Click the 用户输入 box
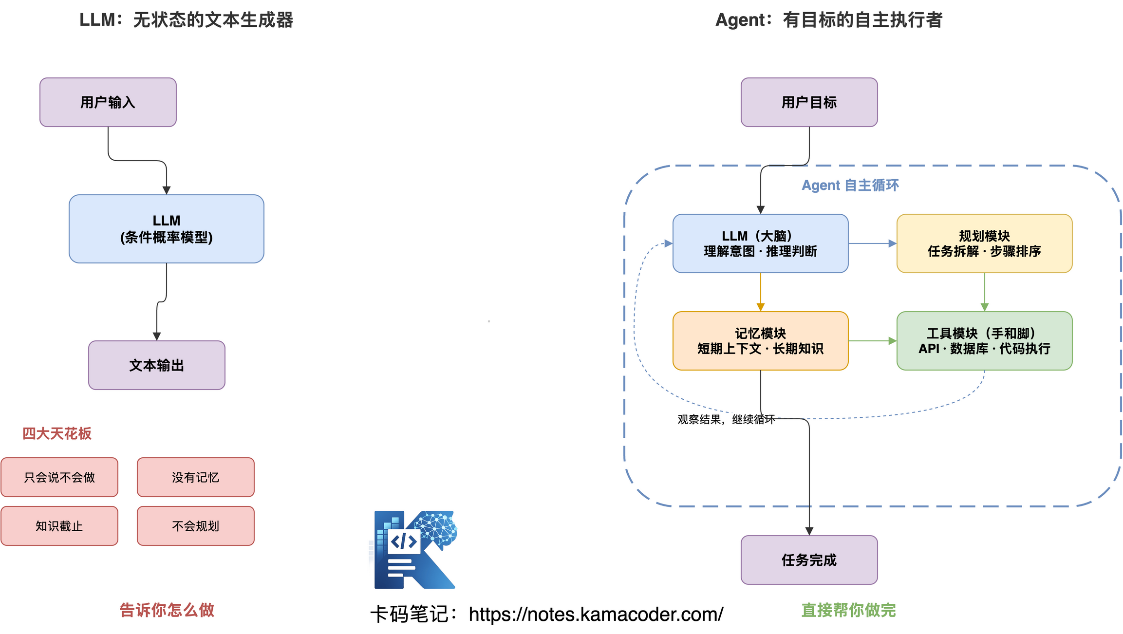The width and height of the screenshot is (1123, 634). [x=108, y=102]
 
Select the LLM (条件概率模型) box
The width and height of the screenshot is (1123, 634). [x=166, y=229]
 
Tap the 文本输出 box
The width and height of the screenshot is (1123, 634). [x=156, y=365]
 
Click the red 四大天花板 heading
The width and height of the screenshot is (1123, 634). [x=56, y=433]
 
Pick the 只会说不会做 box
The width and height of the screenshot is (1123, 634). [x=59, y=477]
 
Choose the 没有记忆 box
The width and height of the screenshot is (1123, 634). [x=195, y=477]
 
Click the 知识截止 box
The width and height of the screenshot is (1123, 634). [x=59, y=526]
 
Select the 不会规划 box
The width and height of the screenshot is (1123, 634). [x=195, y=526]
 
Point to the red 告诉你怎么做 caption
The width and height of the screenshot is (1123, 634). [x=167, y=610]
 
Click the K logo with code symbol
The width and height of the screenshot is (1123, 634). [x=414, y=550]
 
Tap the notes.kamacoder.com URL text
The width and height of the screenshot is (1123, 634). [x=596, y=615]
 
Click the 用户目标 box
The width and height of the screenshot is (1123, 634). [x=809, y=102]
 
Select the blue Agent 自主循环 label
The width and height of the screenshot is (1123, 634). [x=850, y=185]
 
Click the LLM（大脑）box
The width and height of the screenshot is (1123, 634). [x=760, y=243]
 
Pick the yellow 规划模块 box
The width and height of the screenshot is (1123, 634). [x=984, y=243]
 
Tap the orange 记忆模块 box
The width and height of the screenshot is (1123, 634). [x=760, y=341]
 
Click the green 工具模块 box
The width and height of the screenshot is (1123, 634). [x=984, y=341]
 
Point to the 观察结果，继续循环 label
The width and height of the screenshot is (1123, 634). [x=726, y=419]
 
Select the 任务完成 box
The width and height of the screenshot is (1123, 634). [x=809, y=560]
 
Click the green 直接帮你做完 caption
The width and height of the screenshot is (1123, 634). [x=848, y=610]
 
